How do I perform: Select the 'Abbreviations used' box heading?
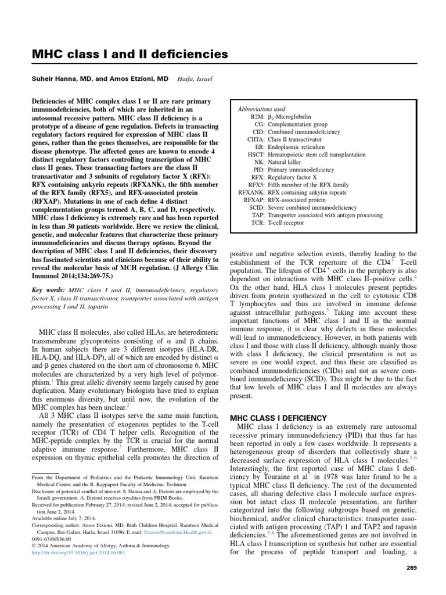coord(261,109)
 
